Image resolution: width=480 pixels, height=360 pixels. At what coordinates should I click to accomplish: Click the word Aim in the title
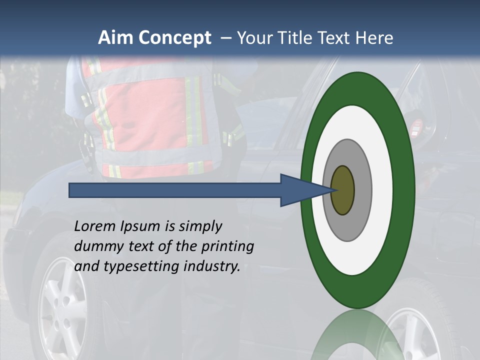[x=116, y=38]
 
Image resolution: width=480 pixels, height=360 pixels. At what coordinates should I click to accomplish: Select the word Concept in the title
[x=175, y=38]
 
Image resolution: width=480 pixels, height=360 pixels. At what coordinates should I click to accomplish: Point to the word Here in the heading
[x=374, y=38]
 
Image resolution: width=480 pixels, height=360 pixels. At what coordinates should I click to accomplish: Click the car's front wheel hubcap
[x=62, y=305]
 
